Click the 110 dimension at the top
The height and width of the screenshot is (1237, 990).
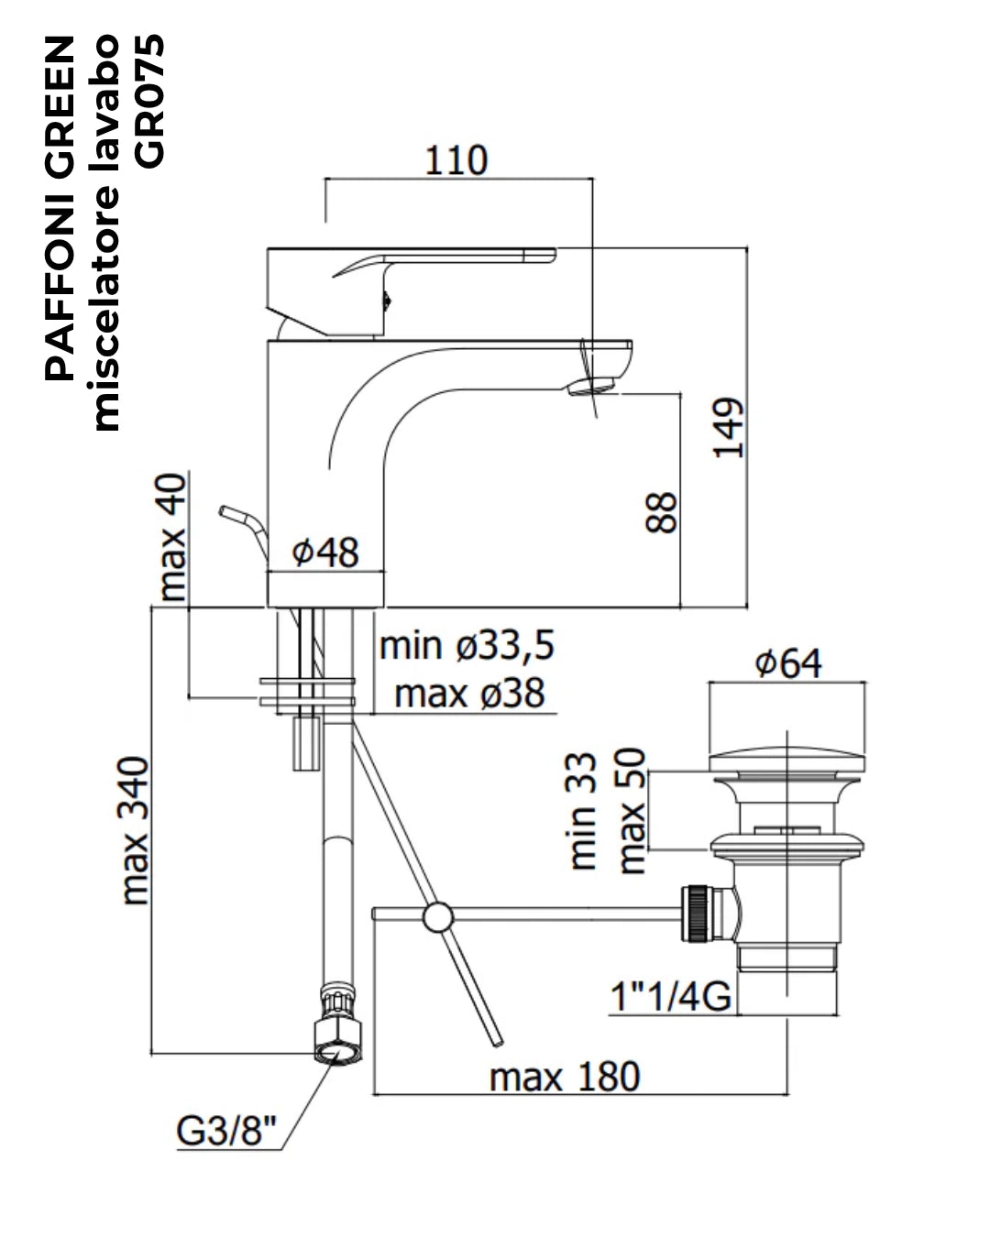456,160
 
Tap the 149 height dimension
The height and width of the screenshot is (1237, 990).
728,428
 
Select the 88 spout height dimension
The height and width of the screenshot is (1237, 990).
662,513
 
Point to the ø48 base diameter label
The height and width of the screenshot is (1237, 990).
325,553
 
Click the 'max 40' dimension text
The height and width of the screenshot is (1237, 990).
171,537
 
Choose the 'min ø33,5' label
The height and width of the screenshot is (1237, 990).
467,645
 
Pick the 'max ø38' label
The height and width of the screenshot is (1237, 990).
469,694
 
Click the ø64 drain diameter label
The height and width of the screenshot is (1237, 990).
788,663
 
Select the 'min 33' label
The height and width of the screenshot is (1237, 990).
582,811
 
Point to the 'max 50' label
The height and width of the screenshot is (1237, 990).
632,811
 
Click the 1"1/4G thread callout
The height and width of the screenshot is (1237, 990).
671,996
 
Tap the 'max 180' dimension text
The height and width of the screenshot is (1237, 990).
565,1077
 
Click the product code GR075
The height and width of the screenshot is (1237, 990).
149,102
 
